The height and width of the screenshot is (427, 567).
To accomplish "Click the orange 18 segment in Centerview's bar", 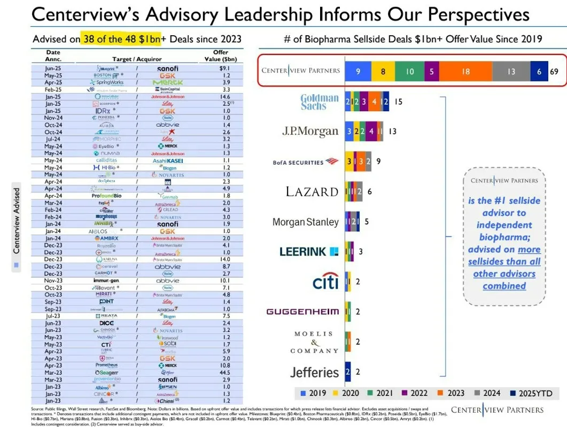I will point(465,71).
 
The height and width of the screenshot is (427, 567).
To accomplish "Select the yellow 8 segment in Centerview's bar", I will point(383,71).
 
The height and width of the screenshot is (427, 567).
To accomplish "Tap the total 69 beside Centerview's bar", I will point(554,71).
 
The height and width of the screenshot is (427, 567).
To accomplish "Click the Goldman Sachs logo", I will point(319,102).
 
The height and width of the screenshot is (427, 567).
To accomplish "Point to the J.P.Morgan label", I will point(310,131).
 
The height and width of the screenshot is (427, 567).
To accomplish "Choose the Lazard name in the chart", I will point(312,191).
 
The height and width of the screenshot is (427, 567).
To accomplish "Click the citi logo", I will point(325,281).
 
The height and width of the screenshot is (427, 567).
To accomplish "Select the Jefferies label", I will point(314,372).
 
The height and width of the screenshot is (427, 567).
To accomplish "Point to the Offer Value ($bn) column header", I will point(221,56).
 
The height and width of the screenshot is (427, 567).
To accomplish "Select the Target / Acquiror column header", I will point(137,59).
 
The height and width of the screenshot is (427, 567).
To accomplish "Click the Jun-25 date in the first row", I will point(53,68).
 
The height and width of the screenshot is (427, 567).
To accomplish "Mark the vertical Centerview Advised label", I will point(17,220).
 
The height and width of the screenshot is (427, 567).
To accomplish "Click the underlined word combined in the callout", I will point(504,286).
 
